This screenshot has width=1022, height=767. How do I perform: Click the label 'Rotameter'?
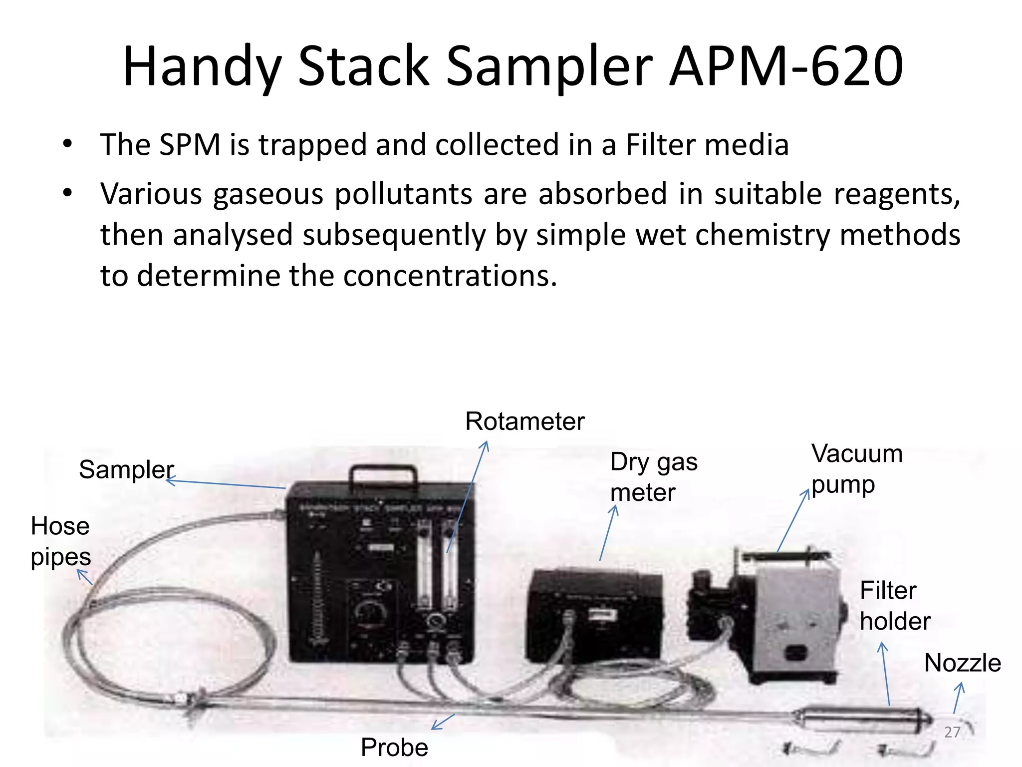pyautogui.click(x=524, y=421)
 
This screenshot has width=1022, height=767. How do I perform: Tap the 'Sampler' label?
pyautogui.click(x=126, y=470)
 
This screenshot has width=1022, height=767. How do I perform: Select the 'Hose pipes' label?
pyautogui.click(x=60, y=541)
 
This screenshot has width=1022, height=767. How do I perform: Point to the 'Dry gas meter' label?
pyautogui.click(x=653, y=477)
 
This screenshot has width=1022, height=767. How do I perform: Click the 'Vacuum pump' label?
pyautogui.click(x=856, y=469)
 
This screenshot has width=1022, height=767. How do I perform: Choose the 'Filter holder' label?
pyautogui.click(x=895, y=606)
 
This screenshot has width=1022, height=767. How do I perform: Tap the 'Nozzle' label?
pyautogui.click(x=962, y=663)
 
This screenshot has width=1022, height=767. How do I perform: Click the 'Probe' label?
pyautogui.click(x=394, y=748)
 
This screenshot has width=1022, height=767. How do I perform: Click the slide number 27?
pyautogui.click(x=952, y=732)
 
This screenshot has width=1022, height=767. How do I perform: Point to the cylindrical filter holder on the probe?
pyautogui.click(x=863, y=721)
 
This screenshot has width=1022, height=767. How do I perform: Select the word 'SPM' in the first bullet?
pyautogui.click(x=190, y=145)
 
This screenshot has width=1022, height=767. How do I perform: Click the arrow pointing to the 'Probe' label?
pyautogui.click(x=443, y=722)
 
